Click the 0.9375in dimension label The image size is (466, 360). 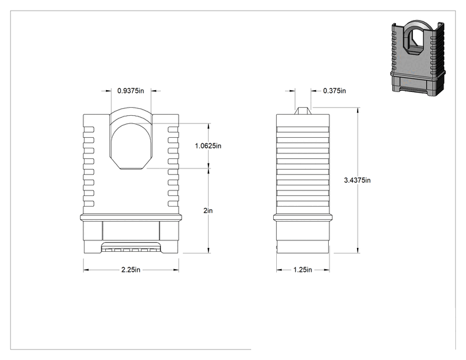click(130, 91)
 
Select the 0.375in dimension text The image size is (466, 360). click(334, 91)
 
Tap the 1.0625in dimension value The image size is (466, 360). click(208, 146)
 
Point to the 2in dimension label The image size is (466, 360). click(208, 210)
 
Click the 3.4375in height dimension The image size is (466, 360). click(357, 180)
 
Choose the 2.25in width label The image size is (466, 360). click(131, 270)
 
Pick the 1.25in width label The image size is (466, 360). click(303, 270)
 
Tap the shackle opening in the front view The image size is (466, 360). click(131, 146)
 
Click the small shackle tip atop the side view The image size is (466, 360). click(303, 111)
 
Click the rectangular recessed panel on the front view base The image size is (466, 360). click(131, 230)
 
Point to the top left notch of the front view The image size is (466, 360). click(89, 130)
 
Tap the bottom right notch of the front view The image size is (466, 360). click(173, 203)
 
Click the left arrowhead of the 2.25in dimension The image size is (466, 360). click(86, 270)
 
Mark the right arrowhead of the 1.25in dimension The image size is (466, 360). click(326, 270)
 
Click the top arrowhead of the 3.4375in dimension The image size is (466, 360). click(358, 110)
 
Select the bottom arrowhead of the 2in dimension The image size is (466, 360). click(209, 250)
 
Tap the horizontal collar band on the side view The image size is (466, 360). click(303, 217)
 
